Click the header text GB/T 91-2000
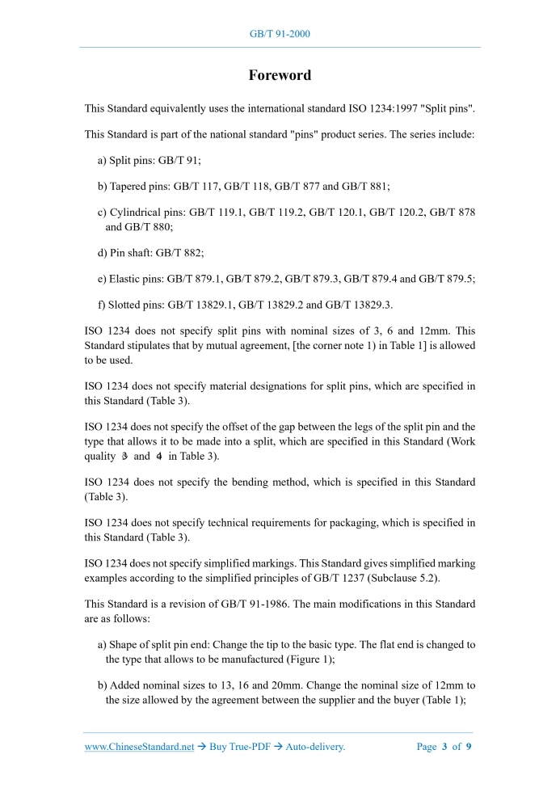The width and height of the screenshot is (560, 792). (x=280, y=34)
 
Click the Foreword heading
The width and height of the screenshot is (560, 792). (x=280, y=75)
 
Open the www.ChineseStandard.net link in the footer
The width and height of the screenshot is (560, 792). (x=139, y=747)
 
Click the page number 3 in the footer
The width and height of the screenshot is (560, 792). (x=444, y=747)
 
